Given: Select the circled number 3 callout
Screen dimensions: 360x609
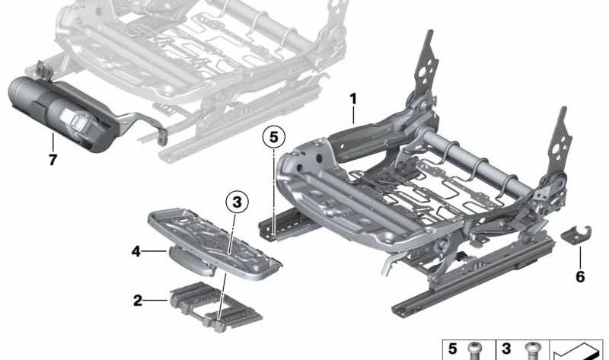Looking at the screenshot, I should coord(238,202).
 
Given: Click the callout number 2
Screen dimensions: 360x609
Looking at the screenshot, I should coord(137,300).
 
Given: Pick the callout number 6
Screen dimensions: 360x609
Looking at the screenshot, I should coord(581,277).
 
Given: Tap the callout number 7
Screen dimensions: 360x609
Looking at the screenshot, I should coord(52,161).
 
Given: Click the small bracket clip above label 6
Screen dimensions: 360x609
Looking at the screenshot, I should coord(577,235).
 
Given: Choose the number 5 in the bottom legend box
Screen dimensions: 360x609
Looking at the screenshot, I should coord(452,349).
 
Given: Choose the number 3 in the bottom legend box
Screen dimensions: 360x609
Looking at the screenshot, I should coord(506,349).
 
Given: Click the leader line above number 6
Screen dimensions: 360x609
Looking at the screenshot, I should coord(581,257).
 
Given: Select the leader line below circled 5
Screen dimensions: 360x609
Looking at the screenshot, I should coord(273,183).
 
